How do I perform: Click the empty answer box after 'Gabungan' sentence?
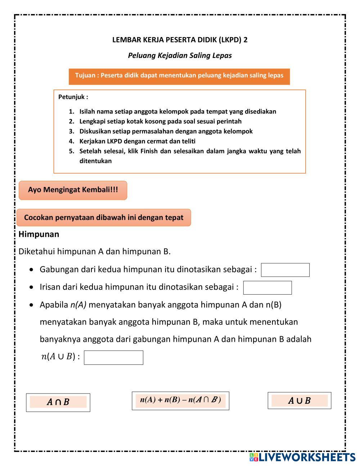pos(285,270)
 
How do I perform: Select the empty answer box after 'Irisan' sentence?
pos(267,288)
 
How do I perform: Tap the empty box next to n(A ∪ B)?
pos(113,358)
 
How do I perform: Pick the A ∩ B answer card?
pos(58,402)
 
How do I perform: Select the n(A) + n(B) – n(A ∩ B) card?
pos(180,400)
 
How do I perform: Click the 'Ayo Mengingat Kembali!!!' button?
pos(73,190)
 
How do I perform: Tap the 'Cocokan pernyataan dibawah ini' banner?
pos(104,218)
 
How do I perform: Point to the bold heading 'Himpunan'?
pos(39,234)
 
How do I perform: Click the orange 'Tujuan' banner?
pos(179,76)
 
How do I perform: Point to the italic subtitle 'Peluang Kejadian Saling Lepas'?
pos(180,55)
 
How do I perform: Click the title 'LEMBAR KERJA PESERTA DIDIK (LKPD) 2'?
pos(180,40)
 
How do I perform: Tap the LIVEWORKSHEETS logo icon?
pos(254,457)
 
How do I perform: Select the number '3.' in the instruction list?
pos(71,131)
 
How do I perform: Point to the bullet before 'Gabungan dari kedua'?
pos(33,270)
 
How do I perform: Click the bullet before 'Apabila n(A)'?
pos(33,305)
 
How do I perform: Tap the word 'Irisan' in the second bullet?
pos(50,287)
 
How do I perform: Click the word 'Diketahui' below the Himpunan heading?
pos(36,251)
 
